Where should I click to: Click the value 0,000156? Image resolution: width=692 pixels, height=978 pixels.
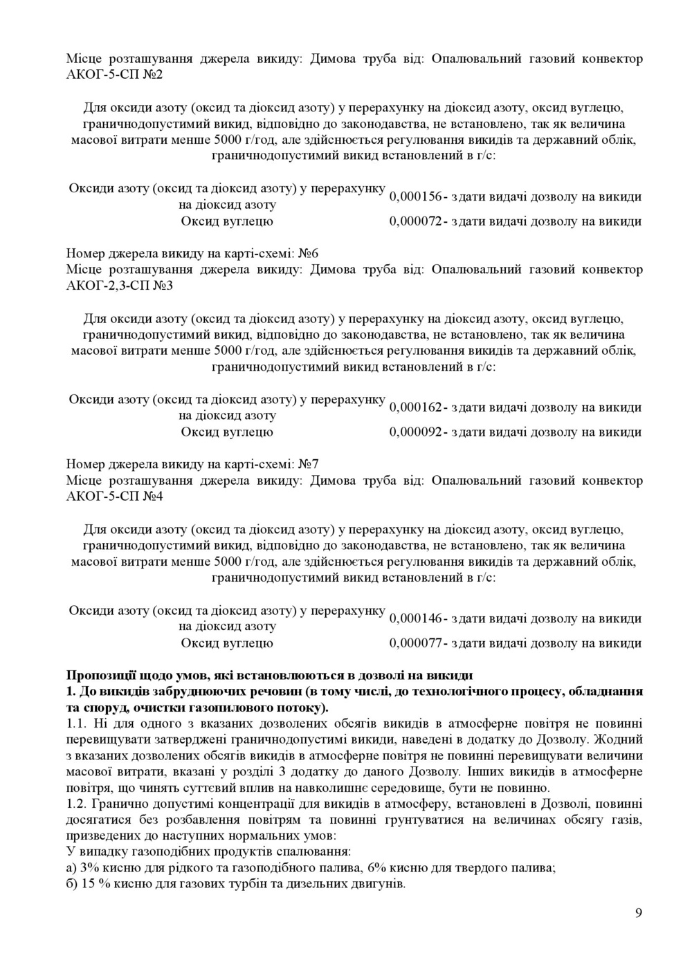[x=415, y=197]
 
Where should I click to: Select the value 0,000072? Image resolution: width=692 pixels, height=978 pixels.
[x=415, y=222]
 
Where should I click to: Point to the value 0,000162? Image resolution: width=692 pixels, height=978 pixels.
[x=415, y=408]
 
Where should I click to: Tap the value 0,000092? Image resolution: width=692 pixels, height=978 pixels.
[x=415, y=433]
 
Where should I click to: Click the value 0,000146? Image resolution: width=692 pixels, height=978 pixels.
[x=415, y=619]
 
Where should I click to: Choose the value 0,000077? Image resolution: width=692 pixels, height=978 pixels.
[x=415, y=644]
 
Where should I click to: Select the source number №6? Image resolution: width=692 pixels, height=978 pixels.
[x=309, y=252]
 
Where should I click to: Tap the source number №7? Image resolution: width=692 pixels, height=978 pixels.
[x=309, y=463]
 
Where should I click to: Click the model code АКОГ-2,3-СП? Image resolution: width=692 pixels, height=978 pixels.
[x=107, y=285]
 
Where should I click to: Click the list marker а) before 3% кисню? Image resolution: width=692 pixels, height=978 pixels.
[x=71, y=868]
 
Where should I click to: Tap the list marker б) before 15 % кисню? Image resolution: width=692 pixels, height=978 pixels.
[x=71, y=885]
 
